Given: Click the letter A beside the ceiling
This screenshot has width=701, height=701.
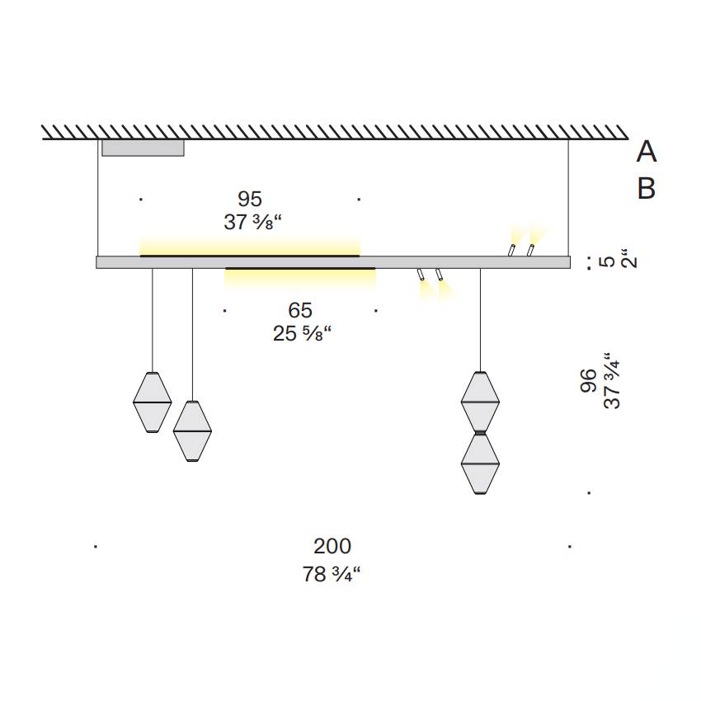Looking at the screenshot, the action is pyautogui.click(x=647, y=152).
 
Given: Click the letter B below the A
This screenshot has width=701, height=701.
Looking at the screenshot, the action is pyautogui.click(x=647, y=188).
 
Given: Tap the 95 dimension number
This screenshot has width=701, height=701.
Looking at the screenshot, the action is pyautogui.click(x=249, y=199).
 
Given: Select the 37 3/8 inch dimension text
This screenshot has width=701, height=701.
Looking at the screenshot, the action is pyautogui.click(x=252, y=222).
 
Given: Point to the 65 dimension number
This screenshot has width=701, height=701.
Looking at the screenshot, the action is pyautogui.click(x=300, y=310).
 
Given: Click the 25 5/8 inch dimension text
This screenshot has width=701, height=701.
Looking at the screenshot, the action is pyautogui.click(x=302, y=333).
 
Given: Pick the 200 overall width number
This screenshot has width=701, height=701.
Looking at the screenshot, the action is pyautogui.click(x=332, y=546).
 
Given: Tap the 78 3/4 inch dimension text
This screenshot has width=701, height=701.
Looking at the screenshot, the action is pyautogui.click(x=332, y=574).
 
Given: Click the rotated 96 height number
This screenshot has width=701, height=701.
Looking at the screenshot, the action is pyautogui.click(x=588, y=381).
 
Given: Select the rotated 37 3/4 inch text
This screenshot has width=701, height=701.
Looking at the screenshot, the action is pyautogui.click(x=612, y=380).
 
